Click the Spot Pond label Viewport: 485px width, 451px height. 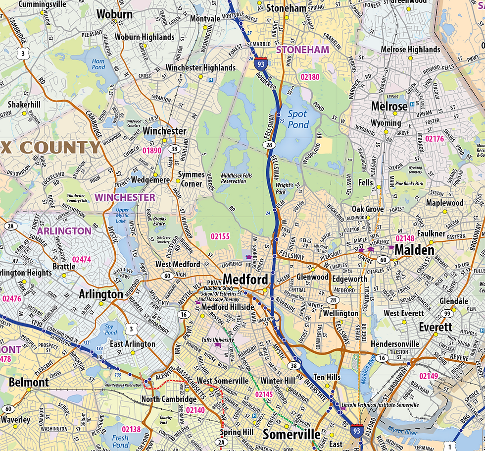click(297, 119)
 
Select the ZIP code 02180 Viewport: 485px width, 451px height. click(309, 77)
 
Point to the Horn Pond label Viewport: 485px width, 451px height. click(98, 64)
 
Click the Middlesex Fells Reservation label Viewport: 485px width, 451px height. click(234, 178)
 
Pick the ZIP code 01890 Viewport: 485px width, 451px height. click(152, 150)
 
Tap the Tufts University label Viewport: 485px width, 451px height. click(217, 340)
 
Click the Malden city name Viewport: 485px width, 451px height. click(414, 250)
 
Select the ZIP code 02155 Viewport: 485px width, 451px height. click(220, 236)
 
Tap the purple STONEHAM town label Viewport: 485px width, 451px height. click(302, 50)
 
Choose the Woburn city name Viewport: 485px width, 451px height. click(115, 14)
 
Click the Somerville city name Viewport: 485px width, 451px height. click(291, 435)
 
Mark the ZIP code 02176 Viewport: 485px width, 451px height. click(435, 139)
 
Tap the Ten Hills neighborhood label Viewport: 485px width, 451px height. click(327, 377)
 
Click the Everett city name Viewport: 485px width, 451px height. click(436, 327)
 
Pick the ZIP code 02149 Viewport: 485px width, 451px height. click(429, 376)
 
